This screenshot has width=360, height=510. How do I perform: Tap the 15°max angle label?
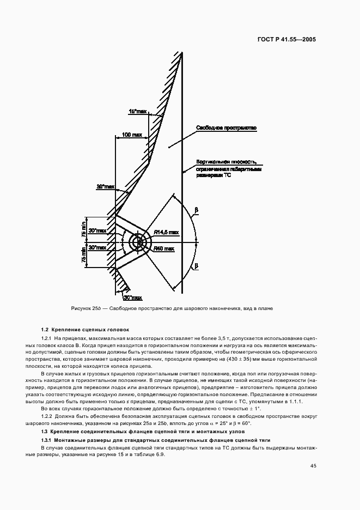(x=138, y=111)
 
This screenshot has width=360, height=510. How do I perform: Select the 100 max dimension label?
(x=131, y=134)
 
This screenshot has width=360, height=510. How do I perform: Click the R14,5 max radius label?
(x=166, y=232)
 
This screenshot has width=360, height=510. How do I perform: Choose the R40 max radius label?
(x=163, y=248)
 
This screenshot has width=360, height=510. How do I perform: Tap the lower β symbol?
(x=196, y=266)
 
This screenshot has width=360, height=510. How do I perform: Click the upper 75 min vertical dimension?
(x=84, y=228)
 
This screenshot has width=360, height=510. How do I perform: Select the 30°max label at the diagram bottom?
(x=132, y=298)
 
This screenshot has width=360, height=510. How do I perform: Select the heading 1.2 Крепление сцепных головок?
(x=85, y=330)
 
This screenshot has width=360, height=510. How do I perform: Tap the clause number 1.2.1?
(x=47, y=339)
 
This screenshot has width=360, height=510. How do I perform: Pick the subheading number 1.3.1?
(x=47, y=440)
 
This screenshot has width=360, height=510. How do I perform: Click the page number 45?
(x=313, y=465)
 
